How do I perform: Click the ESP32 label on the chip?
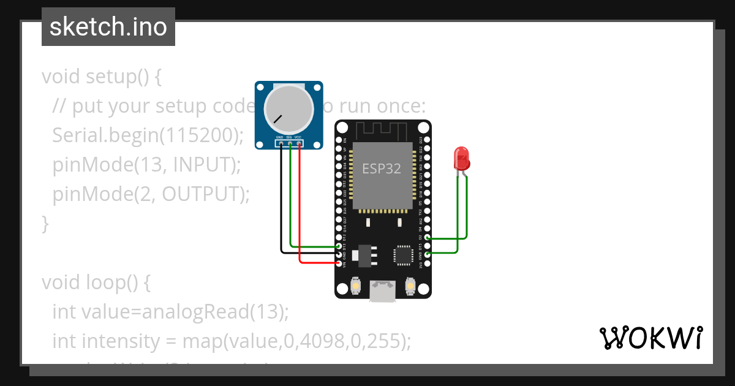pyautogui.click(x=382, y=168)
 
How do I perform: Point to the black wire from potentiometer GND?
pyautogui.click(x=281, y=202)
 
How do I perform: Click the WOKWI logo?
pyautogui.click(x=650, y=338)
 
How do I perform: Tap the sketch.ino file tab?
pyautogui.click(x=108, y=27)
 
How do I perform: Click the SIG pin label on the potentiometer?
pyautogui.click(x=289, y=137)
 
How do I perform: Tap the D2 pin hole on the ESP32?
pyautogui.click(x=427, y=238)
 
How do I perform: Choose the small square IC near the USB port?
pyautogui.click(x=404, y=255)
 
